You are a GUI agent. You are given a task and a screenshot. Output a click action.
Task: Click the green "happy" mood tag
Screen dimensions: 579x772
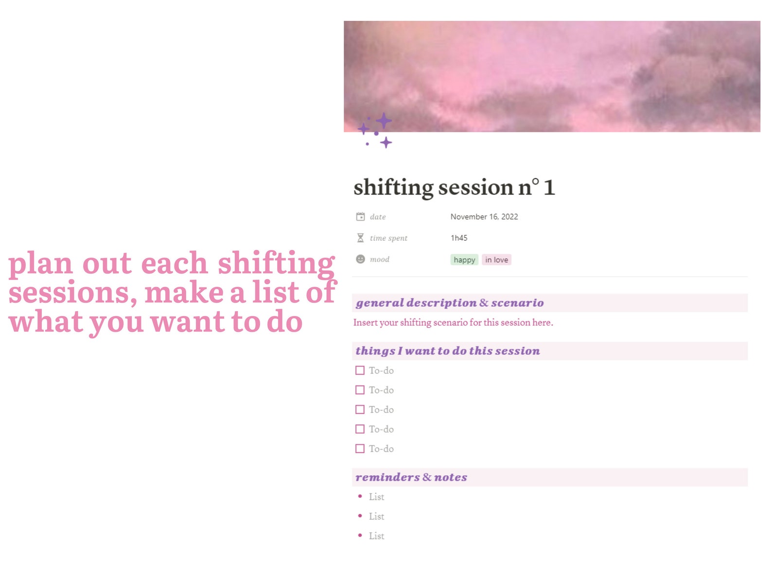point(464,260)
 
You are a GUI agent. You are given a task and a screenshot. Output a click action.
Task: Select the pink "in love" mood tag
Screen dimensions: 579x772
point(496,260)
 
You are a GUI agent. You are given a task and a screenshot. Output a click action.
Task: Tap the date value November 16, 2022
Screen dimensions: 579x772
point(484,217)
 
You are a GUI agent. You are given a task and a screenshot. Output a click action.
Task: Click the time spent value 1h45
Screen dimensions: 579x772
point(458,238)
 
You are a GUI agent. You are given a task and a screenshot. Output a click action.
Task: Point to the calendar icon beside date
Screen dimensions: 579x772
point(360,217)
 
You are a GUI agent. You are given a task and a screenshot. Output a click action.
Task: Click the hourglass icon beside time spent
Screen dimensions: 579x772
point(360,238)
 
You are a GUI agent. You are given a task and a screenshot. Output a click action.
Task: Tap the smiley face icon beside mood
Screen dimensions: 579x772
point(360,259)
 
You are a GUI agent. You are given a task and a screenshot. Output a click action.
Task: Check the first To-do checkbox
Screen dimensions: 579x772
point(360,370)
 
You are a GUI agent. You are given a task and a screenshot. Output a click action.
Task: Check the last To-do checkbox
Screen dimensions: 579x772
point(360,449)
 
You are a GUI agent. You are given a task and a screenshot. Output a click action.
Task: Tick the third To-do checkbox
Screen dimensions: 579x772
point(360,410)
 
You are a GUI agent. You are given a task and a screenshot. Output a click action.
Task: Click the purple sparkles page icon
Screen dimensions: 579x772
point(376,131)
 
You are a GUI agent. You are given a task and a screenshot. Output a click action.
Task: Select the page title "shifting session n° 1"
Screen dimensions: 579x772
point(454,188)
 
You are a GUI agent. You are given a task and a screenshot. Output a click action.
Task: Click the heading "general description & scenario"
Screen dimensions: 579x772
point(450,303)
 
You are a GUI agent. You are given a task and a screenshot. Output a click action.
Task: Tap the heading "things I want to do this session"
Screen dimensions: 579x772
point(447,351)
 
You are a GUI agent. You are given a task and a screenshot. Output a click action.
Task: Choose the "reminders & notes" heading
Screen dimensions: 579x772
point(411,477)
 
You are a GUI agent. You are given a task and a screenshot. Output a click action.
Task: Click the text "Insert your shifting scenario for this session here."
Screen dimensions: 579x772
point(453,322)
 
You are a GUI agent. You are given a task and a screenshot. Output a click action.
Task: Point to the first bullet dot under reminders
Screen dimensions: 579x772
point(360,496)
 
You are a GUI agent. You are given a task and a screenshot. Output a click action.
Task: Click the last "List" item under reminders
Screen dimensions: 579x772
point(376,536)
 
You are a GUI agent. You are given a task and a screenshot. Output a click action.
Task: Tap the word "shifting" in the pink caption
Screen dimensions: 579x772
point(276,263)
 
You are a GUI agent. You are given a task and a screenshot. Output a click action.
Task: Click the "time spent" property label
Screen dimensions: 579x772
point(388,238)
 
